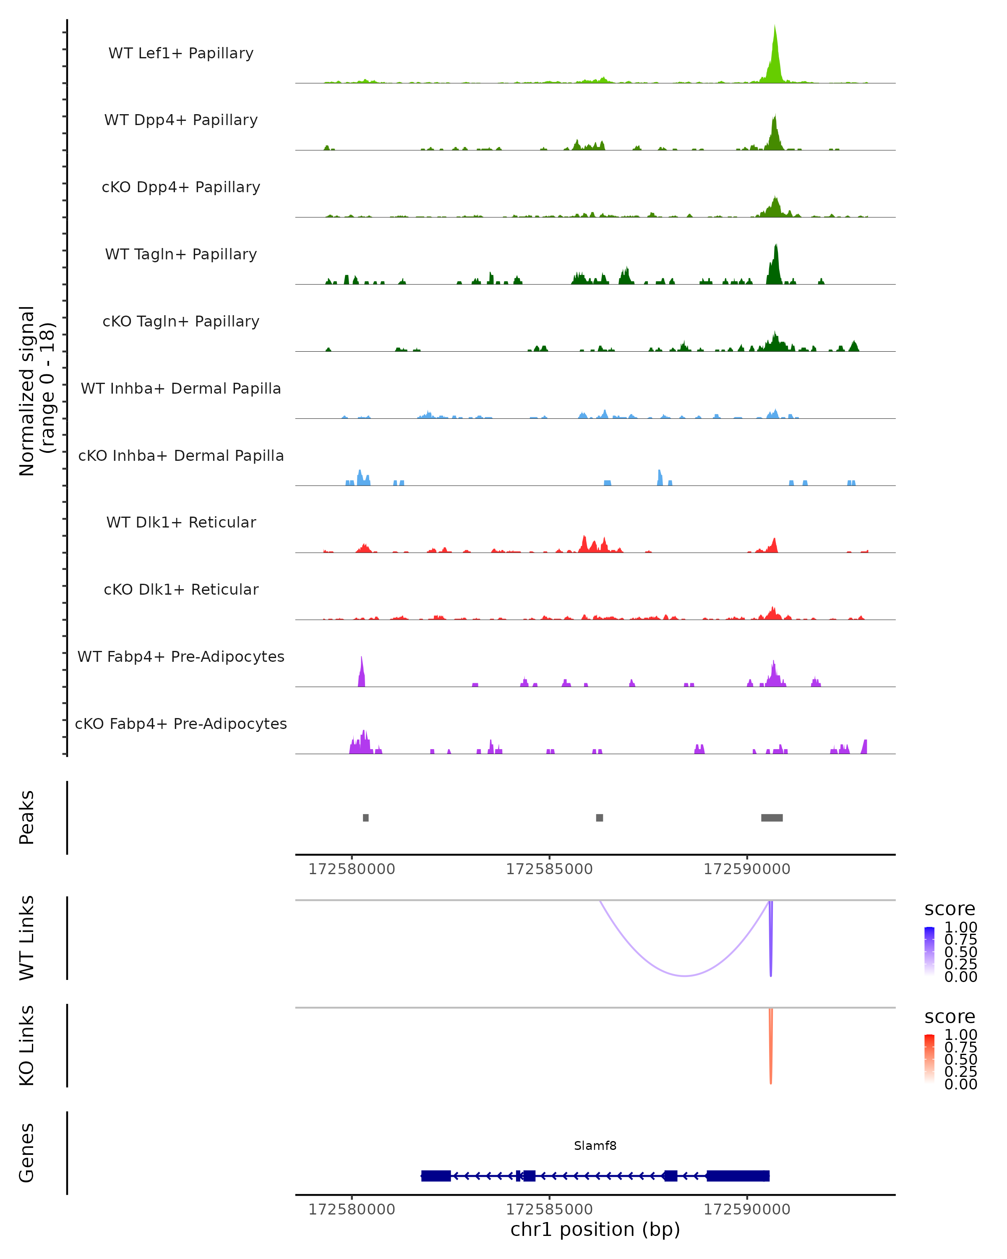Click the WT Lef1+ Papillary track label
point(181,53)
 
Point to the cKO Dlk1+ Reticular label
point(181,589)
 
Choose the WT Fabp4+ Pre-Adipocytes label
point(181,656)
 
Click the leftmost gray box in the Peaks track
point(365,818)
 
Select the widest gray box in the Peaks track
point(772,818)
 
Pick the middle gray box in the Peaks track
point(600,818)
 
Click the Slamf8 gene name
point(595,1146)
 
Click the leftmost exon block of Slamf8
point(436,1175)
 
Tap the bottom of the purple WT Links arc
point(685,975)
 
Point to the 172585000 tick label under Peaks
point(549,869)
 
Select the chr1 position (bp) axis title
point(595,1229)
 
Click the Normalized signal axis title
point(36,391)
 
